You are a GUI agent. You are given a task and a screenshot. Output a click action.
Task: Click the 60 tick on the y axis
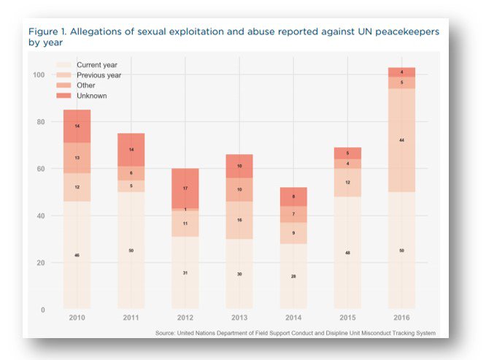pos(40,169)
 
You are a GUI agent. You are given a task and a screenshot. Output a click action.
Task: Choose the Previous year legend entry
pos(99,75)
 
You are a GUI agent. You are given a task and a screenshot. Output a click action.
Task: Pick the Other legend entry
pos(87,85)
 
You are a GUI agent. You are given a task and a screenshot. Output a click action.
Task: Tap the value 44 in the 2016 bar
pos(401,139)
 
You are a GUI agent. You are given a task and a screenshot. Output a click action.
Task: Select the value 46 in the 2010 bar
pos(77,255)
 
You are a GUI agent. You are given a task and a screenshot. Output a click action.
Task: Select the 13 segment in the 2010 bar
pos(77,158)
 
